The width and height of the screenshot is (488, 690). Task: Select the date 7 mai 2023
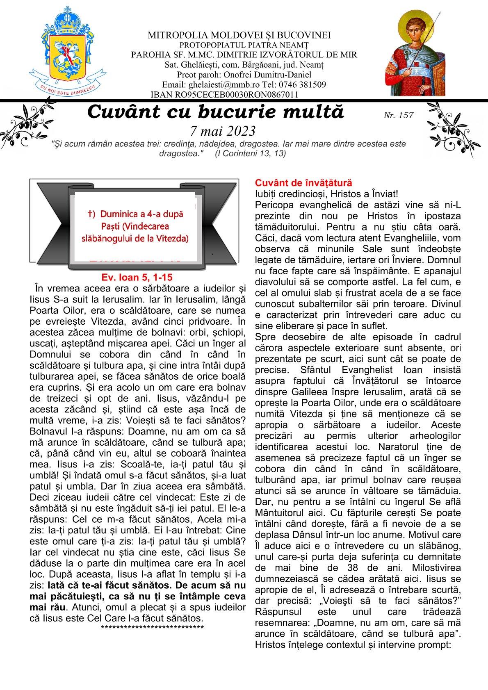(223, 131)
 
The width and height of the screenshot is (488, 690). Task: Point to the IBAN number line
(224, 95)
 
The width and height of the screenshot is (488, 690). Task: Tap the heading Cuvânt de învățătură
(303, 183)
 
